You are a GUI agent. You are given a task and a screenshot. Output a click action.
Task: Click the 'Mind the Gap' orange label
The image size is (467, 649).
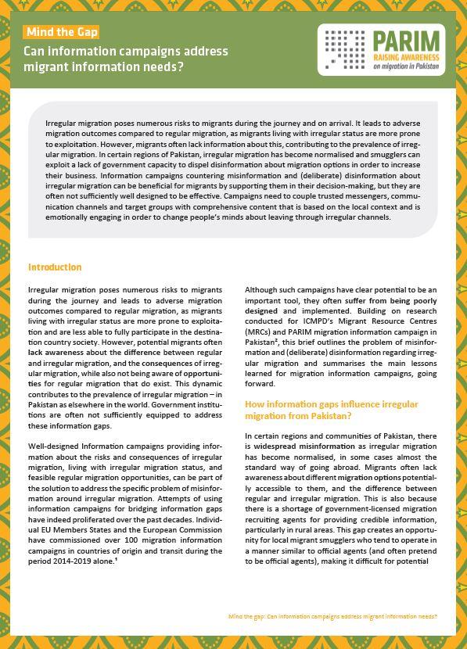[x=62, y=32]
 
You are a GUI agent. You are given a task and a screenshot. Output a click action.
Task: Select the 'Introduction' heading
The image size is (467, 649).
[x=55, y=267]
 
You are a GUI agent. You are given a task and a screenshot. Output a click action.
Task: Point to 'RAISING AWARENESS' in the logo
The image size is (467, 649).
[x=407, y=57]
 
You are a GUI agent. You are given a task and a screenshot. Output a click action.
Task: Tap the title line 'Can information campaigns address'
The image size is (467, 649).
[x=127, y=52]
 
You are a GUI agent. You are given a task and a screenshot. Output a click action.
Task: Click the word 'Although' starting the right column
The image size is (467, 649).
[x=262, y=290]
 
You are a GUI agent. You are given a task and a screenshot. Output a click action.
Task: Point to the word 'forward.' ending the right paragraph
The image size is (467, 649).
[x=260, y=384]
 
